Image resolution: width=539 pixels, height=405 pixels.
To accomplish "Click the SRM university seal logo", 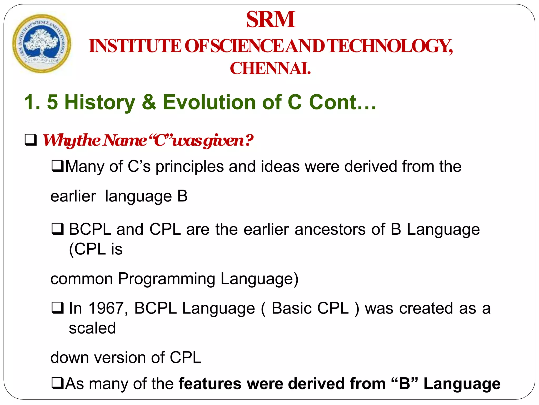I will (42, 44).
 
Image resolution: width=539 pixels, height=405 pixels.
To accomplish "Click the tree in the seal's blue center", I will (41, 42).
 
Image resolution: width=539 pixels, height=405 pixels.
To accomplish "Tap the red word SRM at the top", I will (270, 20).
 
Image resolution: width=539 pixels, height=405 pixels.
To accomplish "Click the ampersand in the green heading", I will (149, 102).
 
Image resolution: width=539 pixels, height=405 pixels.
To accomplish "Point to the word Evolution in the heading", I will (209, 102).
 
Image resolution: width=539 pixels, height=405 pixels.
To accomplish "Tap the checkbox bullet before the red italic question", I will (31, 140).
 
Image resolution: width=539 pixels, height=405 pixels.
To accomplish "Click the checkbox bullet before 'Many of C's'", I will (57, 166).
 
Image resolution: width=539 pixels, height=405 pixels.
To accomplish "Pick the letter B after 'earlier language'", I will (182, 196).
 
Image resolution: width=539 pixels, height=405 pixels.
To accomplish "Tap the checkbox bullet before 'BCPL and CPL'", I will (57, 229).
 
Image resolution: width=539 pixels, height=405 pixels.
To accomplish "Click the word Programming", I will (166, 279).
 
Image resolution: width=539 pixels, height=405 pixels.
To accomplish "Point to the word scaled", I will (92, 328).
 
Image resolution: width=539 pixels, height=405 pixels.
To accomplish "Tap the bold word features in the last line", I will (210, 384).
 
